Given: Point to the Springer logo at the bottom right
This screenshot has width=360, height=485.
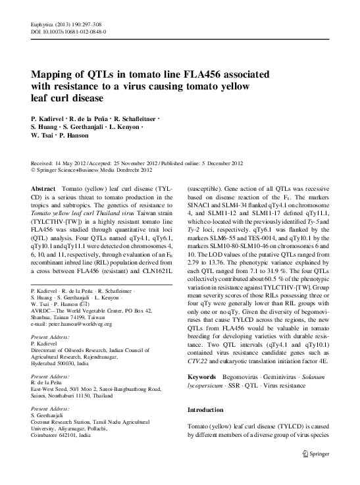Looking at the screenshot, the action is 315,471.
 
